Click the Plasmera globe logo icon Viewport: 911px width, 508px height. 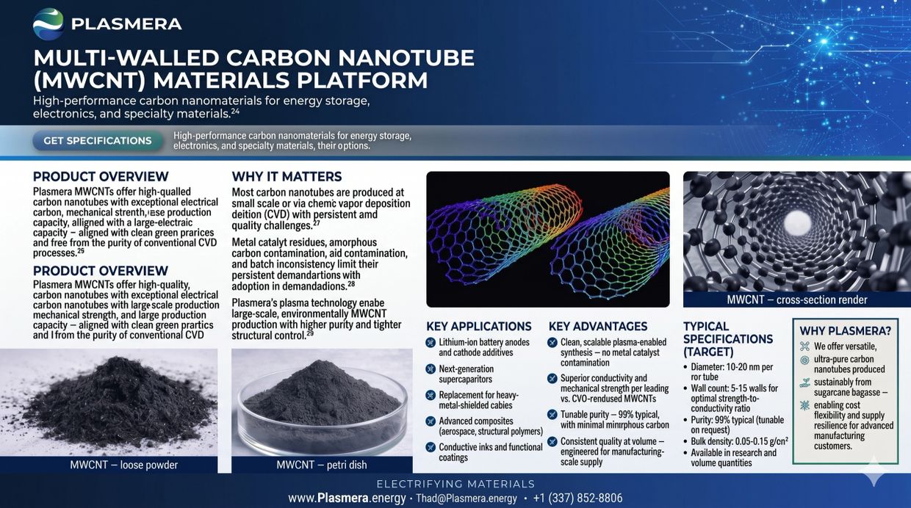click(48, 24)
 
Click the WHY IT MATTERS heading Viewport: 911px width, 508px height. click(287, 177)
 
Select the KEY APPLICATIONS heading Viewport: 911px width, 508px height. click(479, 327)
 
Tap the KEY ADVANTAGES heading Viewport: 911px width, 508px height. click(598, 327)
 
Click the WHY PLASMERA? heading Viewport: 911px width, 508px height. click(845, 331)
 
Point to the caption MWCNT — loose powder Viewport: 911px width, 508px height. click(123, 465)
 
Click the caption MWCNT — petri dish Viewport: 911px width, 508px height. click(322, 465)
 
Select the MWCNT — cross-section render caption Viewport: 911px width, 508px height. click(797, 300)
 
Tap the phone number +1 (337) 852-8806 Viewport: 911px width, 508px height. click(577, 498)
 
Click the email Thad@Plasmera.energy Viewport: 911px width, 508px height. click(467, 498)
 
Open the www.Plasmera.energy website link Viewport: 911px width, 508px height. click(347, 498)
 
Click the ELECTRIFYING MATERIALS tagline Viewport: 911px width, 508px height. click(455, 484)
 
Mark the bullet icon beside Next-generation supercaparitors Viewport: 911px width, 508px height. click(431, 369)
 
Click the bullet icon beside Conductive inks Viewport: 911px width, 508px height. click(431, 447)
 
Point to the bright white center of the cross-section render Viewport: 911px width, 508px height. click(796, 223)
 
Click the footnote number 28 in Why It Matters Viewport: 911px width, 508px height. click(351, 283)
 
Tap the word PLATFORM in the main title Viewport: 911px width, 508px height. click(362, 80)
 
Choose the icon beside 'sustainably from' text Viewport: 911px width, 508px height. click(805, 382)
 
